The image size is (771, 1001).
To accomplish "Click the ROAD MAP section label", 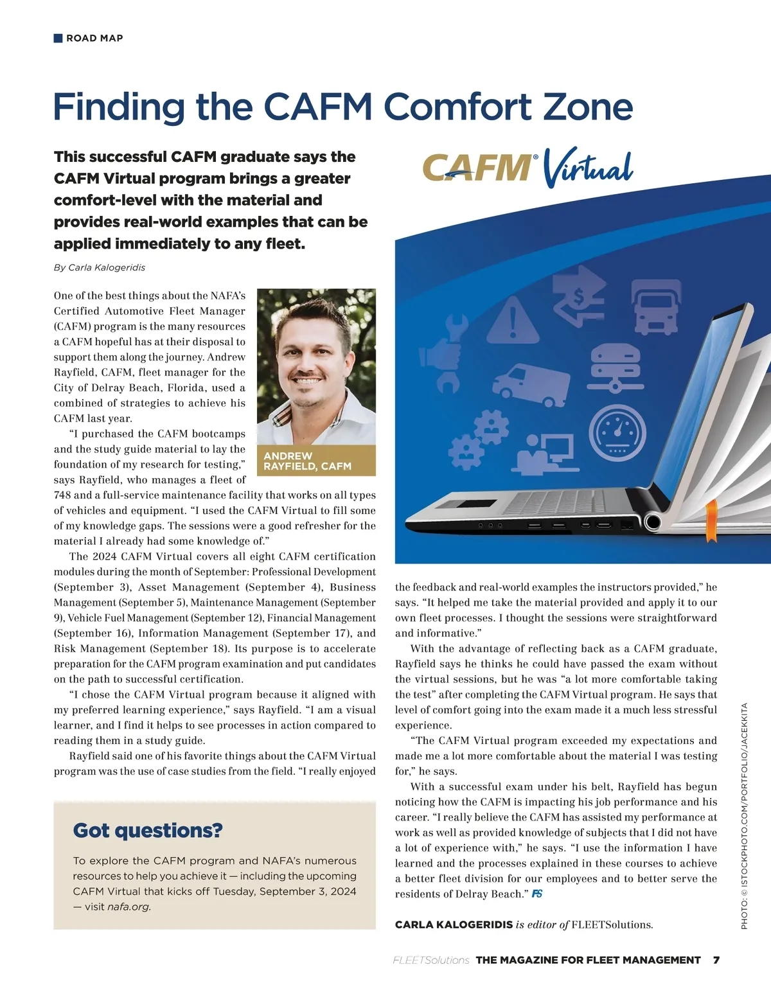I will coord(94,39).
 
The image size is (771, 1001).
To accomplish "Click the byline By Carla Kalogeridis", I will coord(100,267).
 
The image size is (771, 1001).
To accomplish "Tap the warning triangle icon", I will coord(512,320).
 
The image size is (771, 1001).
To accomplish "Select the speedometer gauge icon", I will coord(616,432).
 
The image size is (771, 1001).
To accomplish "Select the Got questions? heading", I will coord(148,830).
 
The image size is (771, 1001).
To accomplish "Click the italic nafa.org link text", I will coord(128,907).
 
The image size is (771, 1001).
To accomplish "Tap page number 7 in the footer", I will coord(716,960).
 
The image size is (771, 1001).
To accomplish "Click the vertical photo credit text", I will coord(744,816).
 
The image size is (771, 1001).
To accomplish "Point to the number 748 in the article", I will coord(63,495).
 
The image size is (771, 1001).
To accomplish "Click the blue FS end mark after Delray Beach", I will coord(536,894).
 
